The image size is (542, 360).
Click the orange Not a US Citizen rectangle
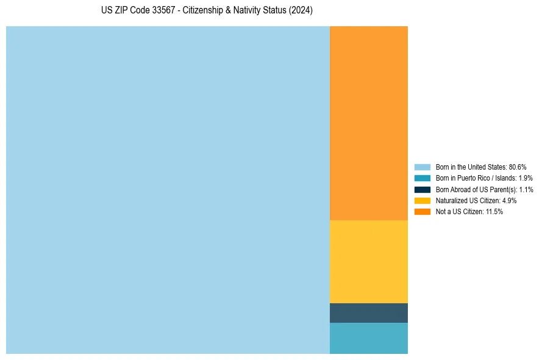[x=368, y=123]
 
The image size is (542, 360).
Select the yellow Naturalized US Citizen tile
[x=368, y=261]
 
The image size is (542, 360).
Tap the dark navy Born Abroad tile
[x=368, y=312]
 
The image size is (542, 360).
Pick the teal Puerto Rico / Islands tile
[x=368, y=338]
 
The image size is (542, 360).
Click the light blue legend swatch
[x=422, y=167]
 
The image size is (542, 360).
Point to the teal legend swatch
[x=422, y=178]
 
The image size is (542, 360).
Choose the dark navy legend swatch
[x=422, y=189]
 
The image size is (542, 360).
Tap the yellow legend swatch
[x=422, y=200]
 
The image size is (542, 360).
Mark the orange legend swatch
[x=422, y=212]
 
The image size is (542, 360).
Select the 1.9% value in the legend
[x=526, y=178]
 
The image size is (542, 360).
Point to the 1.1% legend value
[x=526, y=189]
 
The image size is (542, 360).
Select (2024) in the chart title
[x=301, y=11]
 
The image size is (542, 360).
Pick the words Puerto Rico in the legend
[x=468, y=178]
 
